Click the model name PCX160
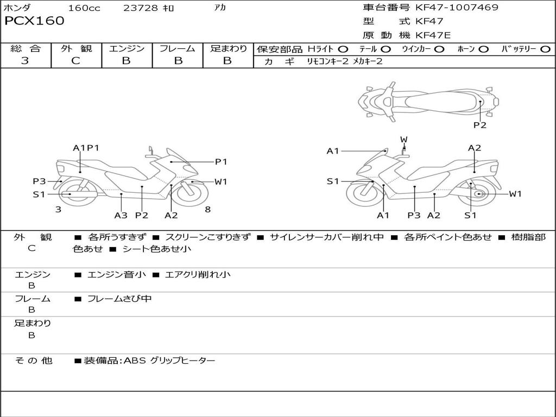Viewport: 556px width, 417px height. (34, 21)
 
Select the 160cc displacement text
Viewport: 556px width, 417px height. (84, 8)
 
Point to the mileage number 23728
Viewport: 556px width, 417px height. (141, 8)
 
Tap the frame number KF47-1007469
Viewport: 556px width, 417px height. (457, 8)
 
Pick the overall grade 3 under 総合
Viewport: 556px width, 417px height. (25, 61)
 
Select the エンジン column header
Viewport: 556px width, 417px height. (127, 49)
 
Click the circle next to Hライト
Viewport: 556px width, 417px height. (343, 49)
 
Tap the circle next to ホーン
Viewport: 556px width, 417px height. (483, 49)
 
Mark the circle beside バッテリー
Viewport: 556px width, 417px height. (545, 49)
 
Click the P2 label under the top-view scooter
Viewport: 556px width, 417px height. (479, 125)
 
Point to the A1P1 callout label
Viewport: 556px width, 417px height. (86, 148)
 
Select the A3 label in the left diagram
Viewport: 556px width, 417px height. (121, 216)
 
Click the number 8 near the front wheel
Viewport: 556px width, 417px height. (208, 209)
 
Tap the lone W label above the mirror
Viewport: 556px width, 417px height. (403, 140)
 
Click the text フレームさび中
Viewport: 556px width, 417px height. (119, 299)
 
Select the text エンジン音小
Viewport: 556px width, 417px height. (117, 275)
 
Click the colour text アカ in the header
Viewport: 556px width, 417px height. (220, 8)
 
